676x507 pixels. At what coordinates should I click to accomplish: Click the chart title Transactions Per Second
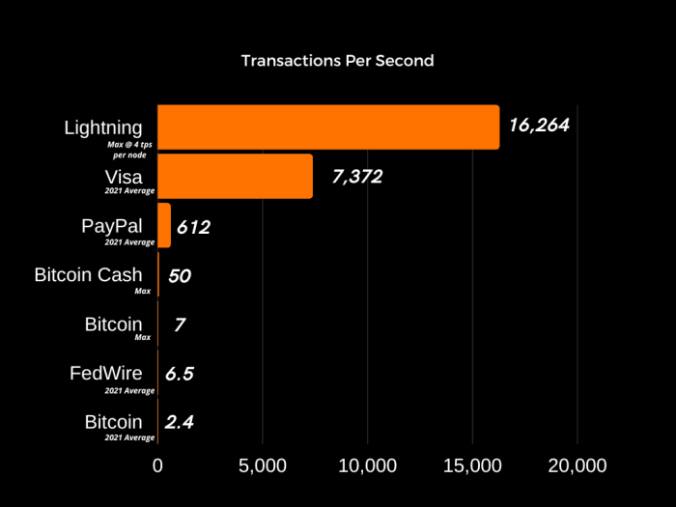point(337,60)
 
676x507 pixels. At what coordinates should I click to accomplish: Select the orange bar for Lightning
point(328,127)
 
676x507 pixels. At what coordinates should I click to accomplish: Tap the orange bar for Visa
point(235,176)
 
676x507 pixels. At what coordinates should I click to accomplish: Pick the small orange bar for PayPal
point(164,225)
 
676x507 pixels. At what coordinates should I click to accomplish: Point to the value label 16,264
point(540,125)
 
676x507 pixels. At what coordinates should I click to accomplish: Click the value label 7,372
point(357,176)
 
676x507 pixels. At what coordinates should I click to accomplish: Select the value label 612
point(193,227)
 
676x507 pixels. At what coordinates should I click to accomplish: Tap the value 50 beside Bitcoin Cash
point(179,275)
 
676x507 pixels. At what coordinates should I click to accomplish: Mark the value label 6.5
point(179,374)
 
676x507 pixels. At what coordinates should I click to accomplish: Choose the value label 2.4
point(179,422)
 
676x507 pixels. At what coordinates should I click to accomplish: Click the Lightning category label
point(103,127)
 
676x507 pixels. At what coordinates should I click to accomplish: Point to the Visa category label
point(123,176)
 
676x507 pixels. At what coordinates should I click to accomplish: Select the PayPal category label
point(112,225)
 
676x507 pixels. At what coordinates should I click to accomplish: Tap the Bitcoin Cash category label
point(88,274)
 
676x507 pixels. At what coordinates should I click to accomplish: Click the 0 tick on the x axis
point(158,465)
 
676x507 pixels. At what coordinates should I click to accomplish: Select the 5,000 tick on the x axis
point(263,465)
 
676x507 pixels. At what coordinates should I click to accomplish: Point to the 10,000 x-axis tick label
point(368,465)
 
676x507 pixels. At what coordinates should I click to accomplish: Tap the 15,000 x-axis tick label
point(472,465)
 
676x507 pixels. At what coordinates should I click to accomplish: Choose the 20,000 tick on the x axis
point(577,465)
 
